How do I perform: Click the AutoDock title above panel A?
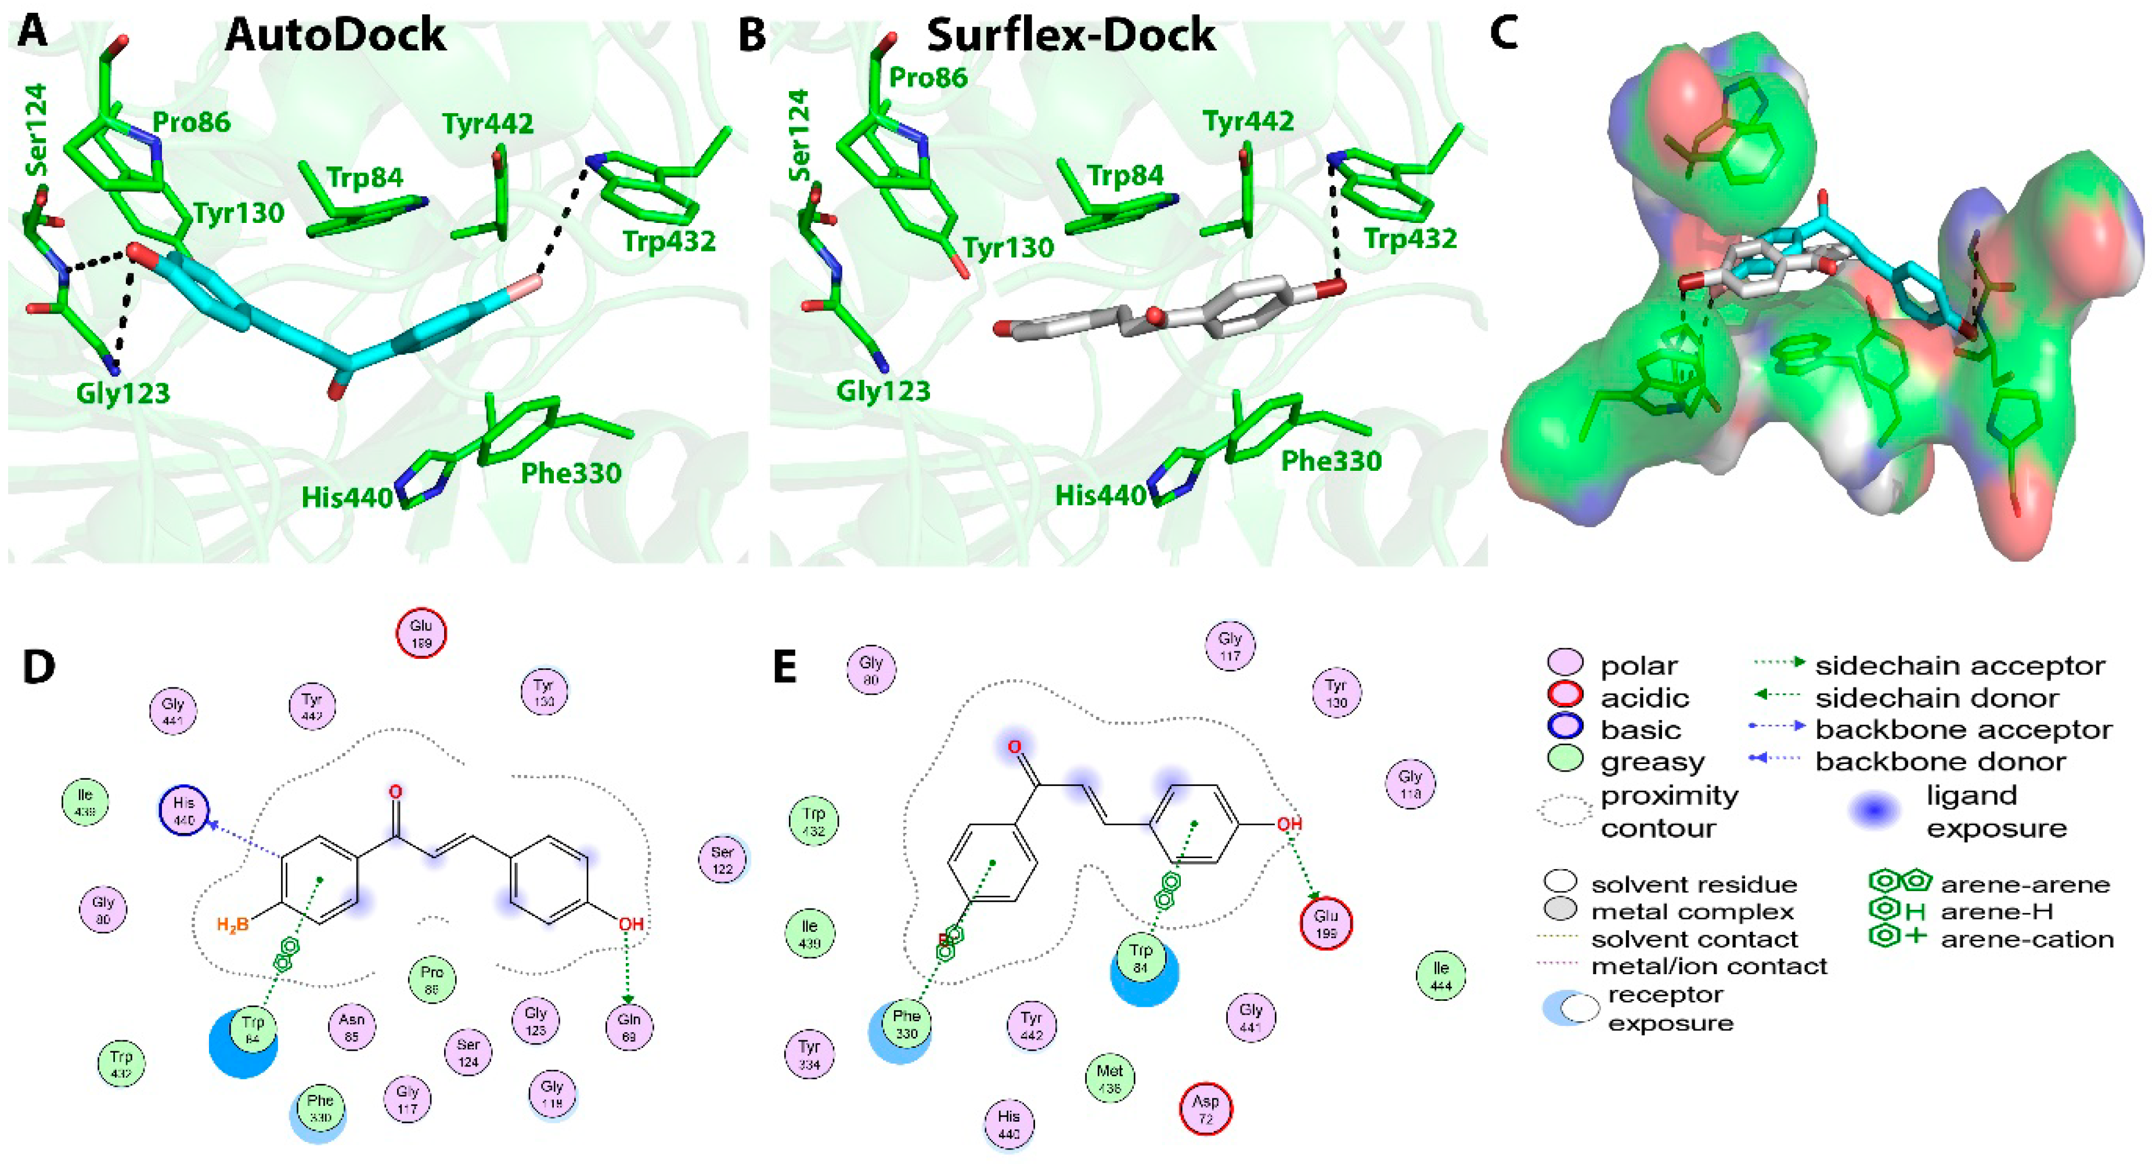point(336,35)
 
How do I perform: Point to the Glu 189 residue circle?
point(421,633)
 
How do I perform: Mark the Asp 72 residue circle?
point(1206,1109)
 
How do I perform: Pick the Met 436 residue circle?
point(1109,1078)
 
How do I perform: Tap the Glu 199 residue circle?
point(1326,924)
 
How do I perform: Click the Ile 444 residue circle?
point(1441,976)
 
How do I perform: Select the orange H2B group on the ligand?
point(232,925)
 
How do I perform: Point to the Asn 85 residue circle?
point(352,1027)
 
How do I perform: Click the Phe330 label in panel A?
point(571,474)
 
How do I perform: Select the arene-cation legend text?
point(2027,939)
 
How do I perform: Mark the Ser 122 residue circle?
point(722,860)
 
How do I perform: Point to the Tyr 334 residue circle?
point(809,1054)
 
